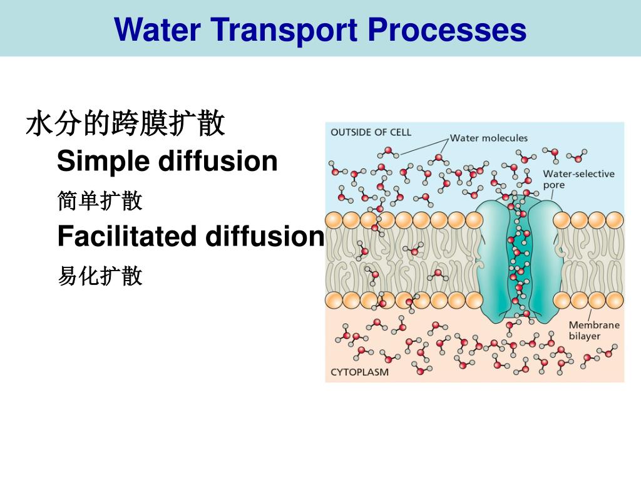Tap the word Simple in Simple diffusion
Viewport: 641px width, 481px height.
(x=102, y=162)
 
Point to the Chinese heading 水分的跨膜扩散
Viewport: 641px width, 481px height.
(x=125, y=124)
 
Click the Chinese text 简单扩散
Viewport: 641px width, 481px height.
(x=100, y=201)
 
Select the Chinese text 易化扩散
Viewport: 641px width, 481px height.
(x=100, y=276)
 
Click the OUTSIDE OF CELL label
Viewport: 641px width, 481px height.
(x=371, y=132)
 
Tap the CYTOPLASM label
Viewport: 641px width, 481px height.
(x=359, y=372)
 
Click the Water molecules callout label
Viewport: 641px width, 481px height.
(x=489, y=138)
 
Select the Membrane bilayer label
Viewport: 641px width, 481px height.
(x=593, y=330)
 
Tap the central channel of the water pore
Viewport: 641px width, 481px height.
(x=518, y=257)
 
